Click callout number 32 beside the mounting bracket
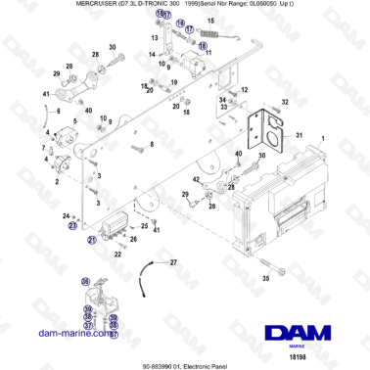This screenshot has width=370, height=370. click(285, 101)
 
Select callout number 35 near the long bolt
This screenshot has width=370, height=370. click(264, 279)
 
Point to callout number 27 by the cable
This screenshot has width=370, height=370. click(173, 263)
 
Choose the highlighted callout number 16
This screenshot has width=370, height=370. click(203, 45)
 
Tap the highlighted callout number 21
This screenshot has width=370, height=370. click(92, 239)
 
